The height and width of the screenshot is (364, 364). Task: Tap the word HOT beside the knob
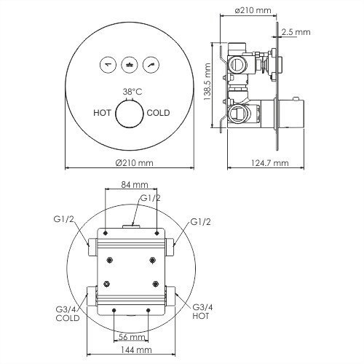[x=103, y=113]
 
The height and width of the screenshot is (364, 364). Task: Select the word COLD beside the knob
[x=159, y=113]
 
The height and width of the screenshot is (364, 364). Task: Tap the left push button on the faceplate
[x=108, y=64]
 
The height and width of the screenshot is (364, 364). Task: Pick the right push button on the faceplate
[x=151, y=64]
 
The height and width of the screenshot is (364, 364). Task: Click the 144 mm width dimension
[x=131, y=351]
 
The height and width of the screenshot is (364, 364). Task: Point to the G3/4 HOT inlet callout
[x=203, y=312]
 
